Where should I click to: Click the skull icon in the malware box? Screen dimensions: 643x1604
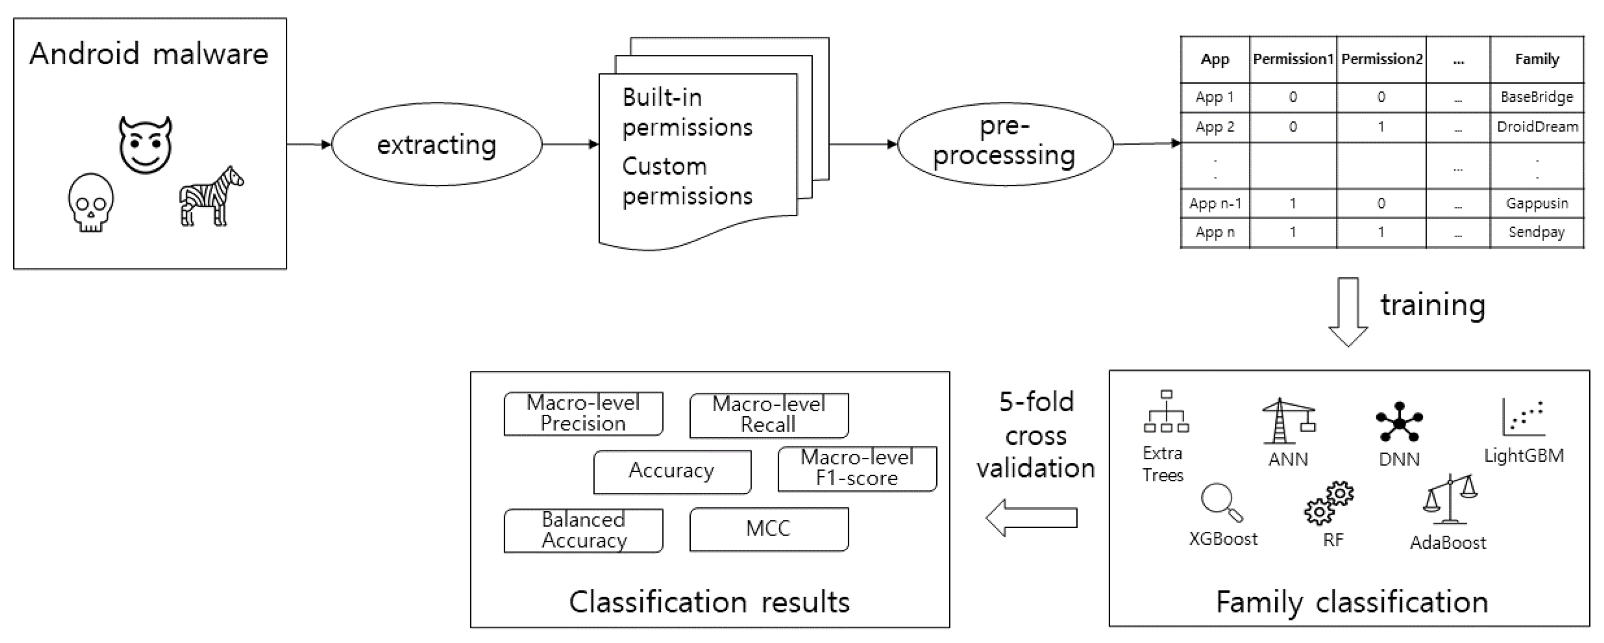point(91,203)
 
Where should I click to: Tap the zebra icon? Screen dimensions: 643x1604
point(211,196)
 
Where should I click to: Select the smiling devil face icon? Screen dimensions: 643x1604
point(146,145)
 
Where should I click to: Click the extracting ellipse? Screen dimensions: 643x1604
point(436,145)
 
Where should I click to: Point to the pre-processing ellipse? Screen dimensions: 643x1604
point(1005,143)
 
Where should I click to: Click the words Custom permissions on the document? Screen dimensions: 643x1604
point(687,181)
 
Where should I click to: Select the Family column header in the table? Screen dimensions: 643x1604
point(1536,59)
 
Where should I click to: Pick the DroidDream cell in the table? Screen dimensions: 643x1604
point(1537,127)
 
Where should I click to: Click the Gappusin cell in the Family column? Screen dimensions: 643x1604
point(1537,204)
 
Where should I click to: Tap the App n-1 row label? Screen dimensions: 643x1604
point(1214,204)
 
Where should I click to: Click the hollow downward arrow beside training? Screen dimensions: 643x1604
point(1348,312)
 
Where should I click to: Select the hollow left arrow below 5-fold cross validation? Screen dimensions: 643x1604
point(1032,518)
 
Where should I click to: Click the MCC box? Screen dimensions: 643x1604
point(769,529)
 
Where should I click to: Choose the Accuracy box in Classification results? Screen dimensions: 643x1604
point(672,471)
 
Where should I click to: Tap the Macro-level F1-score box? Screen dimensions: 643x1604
point(857,468)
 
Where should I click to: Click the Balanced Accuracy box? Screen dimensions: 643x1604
point(584,530)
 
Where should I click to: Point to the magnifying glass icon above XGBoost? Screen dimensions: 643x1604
point(1221,502)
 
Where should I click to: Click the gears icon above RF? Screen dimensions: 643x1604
point(1329,503)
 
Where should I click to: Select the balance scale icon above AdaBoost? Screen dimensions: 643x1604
point(1450,500)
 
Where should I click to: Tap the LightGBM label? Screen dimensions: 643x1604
point(1523,456)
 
